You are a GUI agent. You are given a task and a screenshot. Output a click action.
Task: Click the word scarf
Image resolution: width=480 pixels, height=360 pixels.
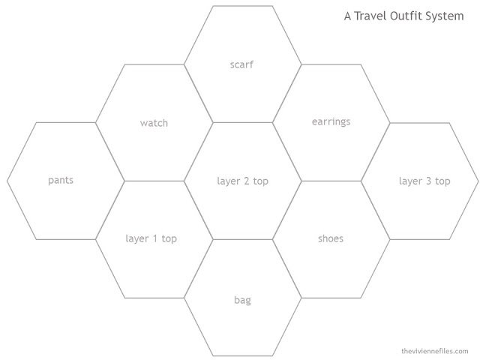point(241,64)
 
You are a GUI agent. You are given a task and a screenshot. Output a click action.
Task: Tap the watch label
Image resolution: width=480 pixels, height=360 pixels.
point(154,123)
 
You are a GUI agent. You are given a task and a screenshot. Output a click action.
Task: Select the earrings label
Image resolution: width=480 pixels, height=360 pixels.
point(331,122)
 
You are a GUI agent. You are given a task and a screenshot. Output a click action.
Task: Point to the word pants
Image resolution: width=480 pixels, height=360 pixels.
point(61,180)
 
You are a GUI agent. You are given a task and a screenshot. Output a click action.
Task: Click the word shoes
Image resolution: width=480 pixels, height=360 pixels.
point(331,238)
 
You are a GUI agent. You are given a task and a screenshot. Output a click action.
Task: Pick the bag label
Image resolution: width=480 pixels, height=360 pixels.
point(242,300)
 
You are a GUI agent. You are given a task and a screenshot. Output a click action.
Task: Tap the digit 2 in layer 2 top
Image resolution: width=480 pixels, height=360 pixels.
point(247,181)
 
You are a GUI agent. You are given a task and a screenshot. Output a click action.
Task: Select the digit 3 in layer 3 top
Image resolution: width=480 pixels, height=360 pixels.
point(428,181)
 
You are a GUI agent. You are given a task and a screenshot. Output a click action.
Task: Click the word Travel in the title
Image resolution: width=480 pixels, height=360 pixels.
point(370,16)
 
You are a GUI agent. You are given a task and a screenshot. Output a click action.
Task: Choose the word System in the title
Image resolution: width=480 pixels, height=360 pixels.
point(444,16)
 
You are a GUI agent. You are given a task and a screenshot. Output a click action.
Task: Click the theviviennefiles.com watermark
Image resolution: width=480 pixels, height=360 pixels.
point(435,351)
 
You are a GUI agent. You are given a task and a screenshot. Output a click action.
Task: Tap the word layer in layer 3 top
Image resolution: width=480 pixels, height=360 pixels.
point(411,181)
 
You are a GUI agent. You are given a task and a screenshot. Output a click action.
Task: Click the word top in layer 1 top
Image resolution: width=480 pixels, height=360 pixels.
point(169,238)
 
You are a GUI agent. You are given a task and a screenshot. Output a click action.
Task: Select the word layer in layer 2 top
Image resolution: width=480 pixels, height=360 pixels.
point(229,181)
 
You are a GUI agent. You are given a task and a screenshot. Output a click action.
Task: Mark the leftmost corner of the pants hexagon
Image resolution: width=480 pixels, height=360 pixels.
point(7,181)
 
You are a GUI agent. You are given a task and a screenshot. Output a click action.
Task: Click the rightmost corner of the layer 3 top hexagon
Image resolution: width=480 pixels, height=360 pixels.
point(478,181)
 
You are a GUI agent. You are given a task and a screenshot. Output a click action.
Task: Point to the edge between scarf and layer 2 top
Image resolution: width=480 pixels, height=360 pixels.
point(242,122)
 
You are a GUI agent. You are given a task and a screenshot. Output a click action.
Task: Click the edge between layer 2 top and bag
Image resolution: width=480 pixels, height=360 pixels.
point(242,239)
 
